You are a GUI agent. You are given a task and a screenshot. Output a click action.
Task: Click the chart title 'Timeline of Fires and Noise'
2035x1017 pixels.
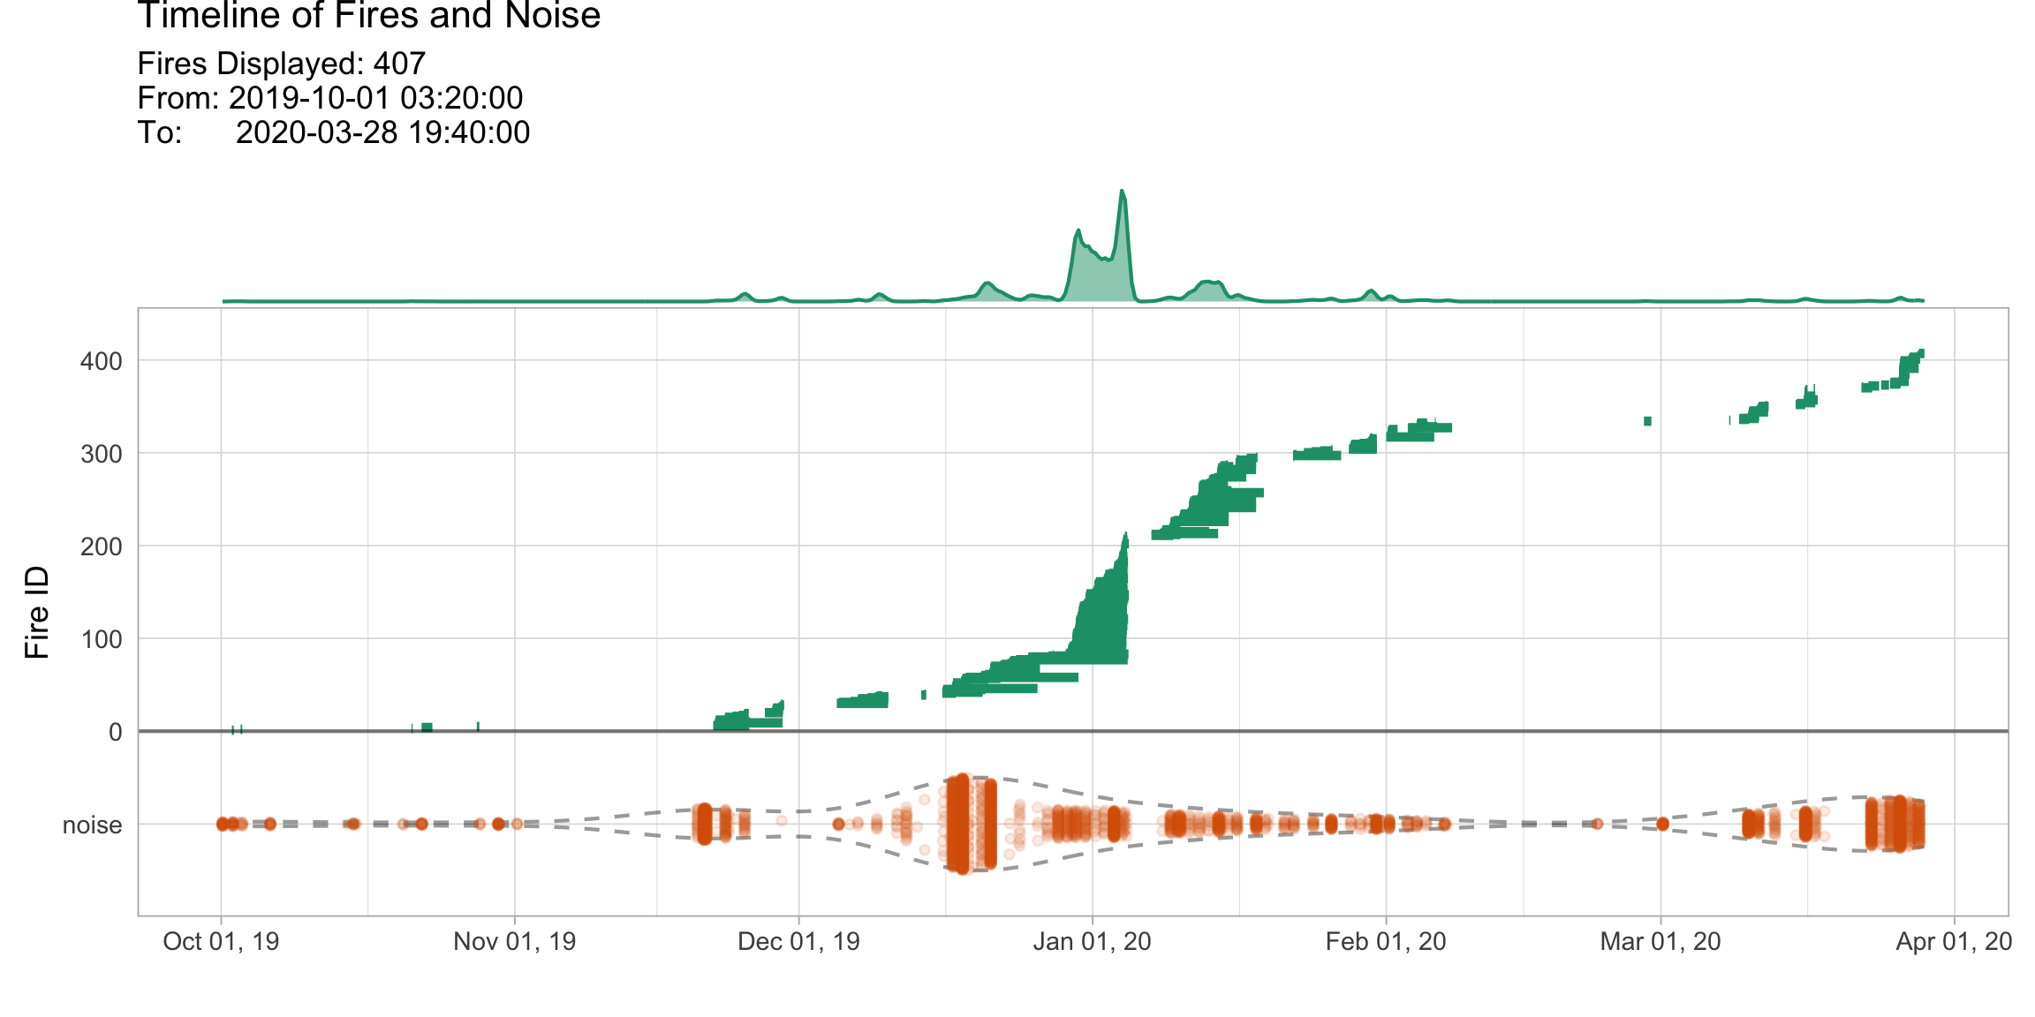[369, 16]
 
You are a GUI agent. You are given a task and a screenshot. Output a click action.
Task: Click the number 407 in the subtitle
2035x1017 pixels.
[399, 64]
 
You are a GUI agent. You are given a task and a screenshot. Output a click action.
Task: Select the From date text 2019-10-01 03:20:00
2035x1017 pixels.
[375, 98]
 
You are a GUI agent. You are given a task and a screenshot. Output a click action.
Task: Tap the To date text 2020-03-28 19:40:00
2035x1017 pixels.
[382, 132]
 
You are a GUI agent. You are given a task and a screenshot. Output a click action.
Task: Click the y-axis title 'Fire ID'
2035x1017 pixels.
[36, 612]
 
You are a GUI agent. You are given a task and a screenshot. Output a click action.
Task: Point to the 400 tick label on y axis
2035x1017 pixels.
[101, 361]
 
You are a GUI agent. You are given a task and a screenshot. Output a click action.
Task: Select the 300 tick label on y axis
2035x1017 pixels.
[101, 454]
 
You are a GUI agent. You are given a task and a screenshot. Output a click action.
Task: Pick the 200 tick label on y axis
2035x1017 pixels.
[101, 546]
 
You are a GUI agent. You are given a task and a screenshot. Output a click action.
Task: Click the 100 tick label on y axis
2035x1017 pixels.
[101, 639]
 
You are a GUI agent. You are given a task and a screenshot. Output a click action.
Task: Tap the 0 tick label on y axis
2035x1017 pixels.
[115, 732]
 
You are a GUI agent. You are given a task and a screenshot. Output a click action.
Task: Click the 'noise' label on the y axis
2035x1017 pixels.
[92, 825]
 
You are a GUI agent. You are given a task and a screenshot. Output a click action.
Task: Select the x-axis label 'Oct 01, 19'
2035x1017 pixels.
[221, 941]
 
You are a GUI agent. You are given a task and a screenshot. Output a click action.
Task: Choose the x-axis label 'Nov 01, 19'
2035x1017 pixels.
[514, 941]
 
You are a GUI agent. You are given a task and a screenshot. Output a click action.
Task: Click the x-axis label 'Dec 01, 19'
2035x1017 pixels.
[798, 941]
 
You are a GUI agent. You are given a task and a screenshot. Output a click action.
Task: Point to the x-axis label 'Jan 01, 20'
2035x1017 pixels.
[1092, 941]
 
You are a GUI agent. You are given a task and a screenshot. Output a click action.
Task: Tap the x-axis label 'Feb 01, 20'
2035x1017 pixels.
[1385, 941]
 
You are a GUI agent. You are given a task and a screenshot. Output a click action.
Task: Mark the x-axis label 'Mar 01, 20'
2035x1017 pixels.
[1660, 941]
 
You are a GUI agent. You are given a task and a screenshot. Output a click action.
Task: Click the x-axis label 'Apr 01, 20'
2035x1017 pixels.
[1954, 941]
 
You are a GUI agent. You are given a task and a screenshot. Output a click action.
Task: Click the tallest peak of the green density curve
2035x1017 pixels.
[1122, 192]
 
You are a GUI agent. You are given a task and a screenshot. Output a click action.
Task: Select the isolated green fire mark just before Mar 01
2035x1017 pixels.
[1647, 421]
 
